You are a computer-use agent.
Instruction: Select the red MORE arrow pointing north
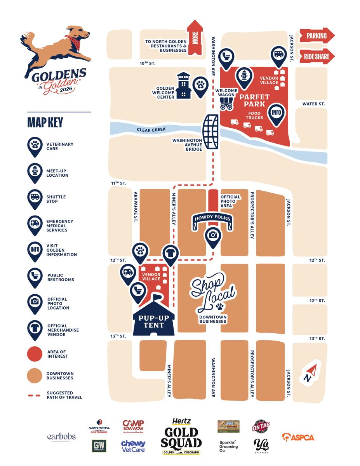[195, 39]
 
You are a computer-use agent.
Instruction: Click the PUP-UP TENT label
[154, 322]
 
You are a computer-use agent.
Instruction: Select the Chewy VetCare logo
[133, 446]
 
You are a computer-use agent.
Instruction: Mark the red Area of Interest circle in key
[35, 354]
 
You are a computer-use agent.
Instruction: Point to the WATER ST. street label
[313, 104]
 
